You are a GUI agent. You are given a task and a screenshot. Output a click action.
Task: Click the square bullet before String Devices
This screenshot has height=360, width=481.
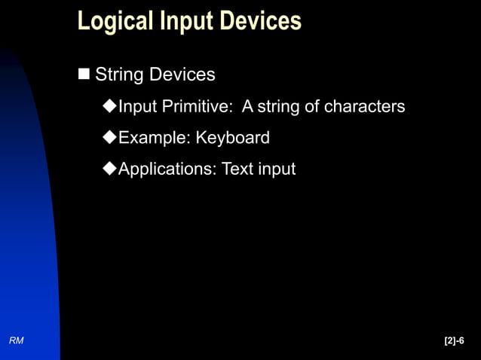click(x=84, y=74)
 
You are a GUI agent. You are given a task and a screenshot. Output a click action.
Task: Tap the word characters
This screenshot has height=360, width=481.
click(x=364, y=107)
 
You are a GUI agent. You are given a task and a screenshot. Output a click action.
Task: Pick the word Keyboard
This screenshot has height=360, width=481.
click(x=233, y=138)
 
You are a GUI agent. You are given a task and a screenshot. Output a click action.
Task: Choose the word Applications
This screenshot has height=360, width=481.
click(x=167, y=169)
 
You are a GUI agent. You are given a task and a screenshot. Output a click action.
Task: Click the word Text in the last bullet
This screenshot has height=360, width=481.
click(x=237, y=169)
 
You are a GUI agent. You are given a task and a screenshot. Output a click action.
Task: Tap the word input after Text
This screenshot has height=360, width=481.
click(x=277, y=169)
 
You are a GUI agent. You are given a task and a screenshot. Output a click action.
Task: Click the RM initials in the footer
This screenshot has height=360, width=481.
click(x=16, y=341)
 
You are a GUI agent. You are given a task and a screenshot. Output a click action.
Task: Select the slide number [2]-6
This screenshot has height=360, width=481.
click(x=455, y=341)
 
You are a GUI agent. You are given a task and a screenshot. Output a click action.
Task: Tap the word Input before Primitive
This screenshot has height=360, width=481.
click(x=136, y=107)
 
